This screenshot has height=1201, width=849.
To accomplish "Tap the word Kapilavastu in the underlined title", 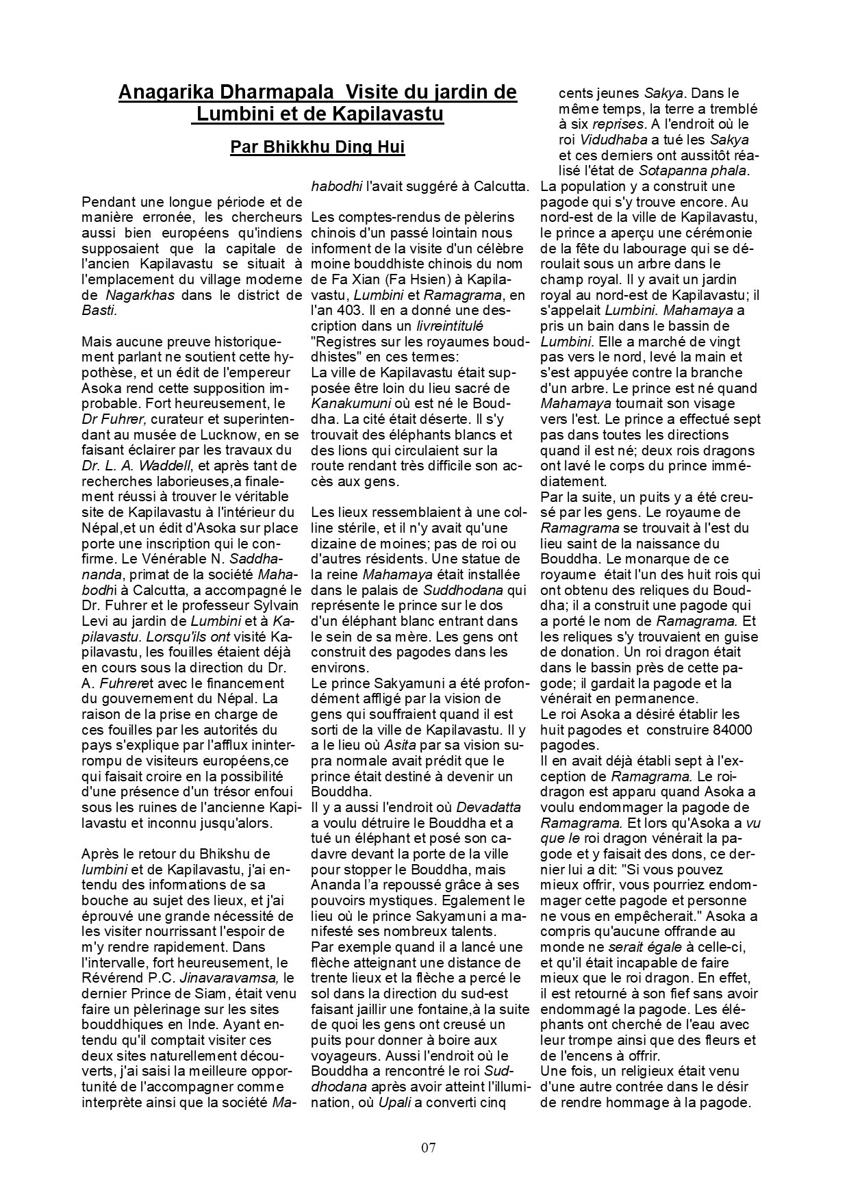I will [x=387, y=114].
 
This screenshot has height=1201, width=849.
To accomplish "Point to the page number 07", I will [x=429, y=1148].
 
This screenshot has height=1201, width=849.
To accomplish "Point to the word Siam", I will [x=213, y=995].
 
